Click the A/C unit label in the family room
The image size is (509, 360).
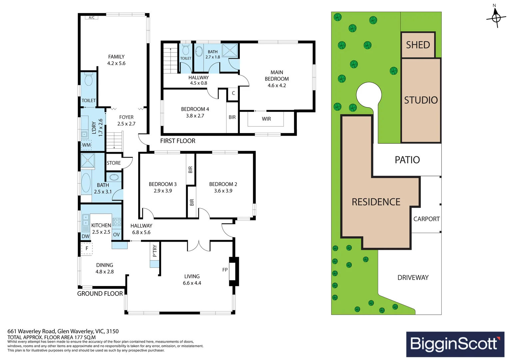[92, 18]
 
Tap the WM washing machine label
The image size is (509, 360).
[86, 145]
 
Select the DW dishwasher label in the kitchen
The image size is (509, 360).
[85, 236]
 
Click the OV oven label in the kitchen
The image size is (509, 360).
[116, 235]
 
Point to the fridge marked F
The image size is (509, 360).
[87, 248]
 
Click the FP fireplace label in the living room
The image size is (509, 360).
[225, 270]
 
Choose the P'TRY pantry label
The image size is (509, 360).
[155, 251]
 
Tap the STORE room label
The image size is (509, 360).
[114, 163]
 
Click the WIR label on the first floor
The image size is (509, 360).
[266, 119]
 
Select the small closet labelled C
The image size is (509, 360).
[233, 93]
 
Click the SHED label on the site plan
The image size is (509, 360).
[418, 45]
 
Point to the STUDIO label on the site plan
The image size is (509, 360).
[421, 100]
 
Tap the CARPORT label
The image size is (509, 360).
[426, 219]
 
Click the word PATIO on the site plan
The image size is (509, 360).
[407, 160]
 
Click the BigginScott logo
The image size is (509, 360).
[455, 344]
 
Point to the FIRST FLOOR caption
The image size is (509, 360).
[178, 141]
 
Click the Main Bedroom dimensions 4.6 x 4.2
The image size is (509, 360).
[277, 86]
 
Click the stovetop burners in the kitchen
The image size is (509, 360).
[117, 222]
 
